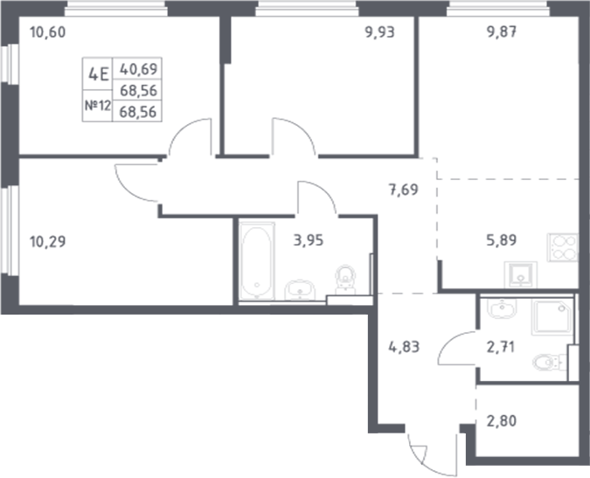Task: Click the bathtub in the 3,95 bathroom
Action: [255, 261]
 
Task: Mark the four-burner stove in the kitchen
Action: [563, 246]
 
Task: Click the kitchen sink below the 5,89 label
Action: [522, 274]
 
